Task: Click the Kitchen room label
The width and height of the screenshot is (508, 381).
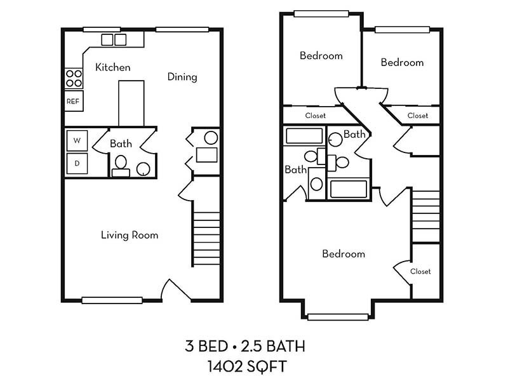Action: click(113, 67)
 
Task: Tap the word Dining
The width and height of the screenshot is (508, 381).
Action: click(182, 77)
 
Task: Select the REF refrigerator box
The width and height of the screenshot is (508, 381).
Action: click(73, 100)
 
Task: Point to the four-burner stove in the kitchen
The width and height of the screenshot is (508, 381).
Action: click(74, 78)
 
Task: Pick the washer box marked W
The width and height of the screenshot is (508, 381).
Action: click(77, 140)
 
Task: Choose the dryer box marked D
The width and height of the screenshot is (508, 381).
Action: click(77, 163)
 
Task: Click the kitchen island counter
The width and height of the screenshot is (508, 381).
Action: click(131, 103)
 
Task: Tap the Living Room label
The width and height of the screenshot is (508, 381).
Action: click(130, 235)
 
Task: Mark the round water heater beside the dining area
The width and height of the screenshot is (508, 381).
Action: click(211, 137)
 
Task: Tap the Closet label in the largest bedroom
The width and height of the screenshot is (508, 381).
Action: click(420, 271)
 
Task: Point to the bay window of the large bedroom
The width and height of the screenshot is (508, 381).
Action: click(337, 316)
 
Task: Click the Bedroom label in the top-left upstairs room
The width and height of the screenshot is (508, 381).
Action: click(321, 56)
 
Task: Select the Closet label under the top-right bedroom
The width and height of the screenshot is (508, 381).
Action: click(418, 116)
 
